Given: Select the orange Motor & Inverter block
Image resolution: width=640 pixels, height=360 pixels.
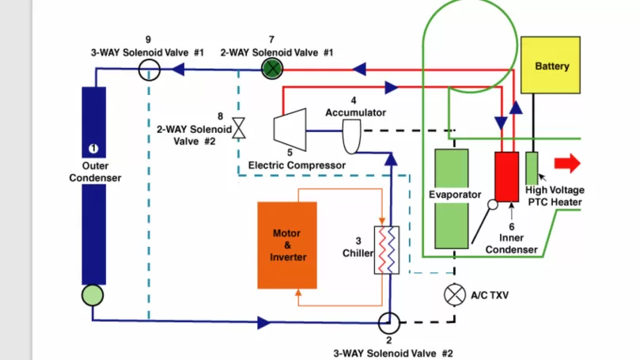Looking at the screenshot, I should pyautogui.click(x=287, y=244).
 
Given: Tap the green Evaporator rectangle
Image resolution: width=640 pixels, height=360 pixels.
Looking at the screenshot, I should pyautogui.click(x=455, y=199).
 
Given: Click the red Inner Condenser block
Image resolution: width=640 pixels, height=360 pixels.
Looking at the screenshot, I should pyautogui.click(x=506, y=176).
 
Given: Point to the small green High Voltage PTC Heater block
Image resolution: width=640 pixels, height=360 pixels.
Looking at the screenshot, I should pyautogui.click(x=532, y=166).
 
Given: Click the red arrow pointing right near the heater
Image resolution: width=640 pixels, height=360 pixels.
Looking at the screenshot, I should pyautogui.click(x=567, y=163).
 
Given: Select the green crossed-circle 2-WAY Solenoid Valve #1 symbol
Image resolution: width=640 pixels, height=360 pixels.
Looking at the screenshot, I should pyautogui.click(x=272, y=70).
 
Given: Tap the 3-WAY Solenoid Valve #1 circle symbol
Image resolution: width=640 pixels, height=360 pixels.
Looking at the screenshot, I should pyautogui.click(x=150, y=70).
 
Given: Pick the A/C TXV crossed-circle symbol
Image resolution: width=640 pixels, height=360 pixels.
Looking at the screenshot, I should pyautogui.click(x=454, y=294).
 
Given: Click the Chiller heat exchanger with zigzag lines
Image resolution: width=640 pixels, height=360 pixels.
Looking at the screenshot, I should pyautogui.click(x=386, y=251).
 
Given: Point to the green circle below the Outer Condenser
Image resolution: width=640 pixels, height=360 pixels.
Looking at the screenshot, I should pyautogui.click(x=93, y=295).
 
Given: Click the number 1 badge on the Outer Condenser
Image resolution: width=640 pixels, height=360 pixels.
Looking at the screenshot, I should pyautogui.click(x=93, y=149).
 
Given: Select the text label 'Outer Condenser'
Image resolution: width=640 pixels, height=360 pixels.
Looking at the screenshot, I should pyautogui.click(x=95, y=172).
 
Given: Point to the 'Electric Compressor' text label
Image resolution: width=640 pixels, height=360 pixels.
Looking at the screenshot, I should pyautogui.click(x=297, y=165).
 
